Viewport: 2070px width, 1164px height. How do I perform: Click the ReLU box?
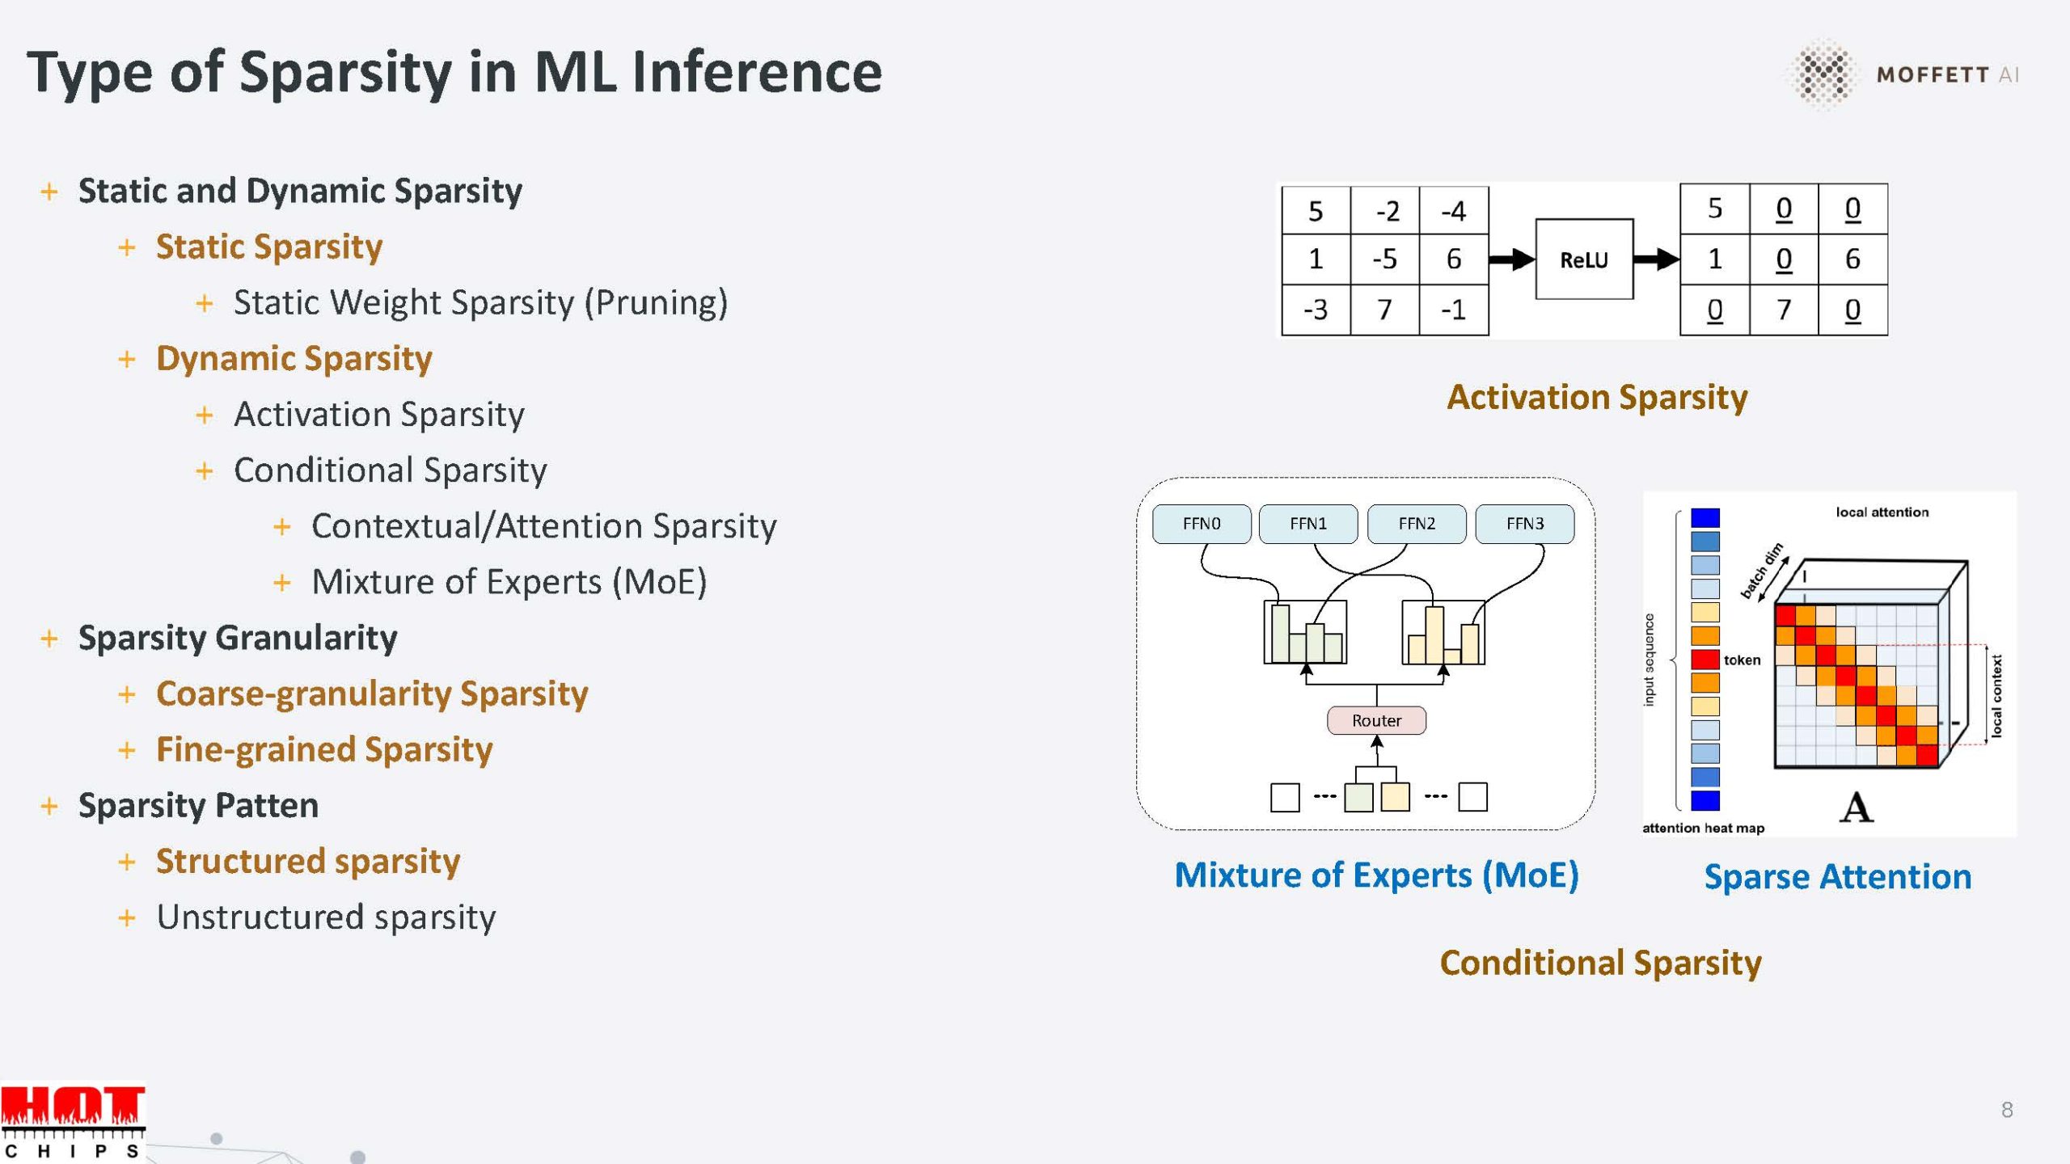click(1583, 259)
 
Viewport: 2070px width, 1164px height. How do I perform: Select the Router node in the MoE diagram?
click(1376, 720)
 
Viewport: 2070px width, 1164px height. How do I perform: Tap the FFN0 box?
click(1201, 524)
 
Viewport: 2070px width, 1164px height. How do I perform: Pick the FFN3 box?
click(1524, 524)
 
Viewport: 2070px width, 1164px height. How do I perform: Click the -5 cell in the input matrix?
click(1384, 259)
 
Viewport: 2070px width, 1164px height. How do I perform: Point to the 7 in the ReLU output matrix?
click(1783, 310)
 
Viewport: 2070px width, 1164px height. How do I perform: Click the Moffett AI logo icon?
click(1822, 74)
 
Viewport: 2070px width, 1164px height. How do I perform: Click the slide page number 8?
click(2007, 1110)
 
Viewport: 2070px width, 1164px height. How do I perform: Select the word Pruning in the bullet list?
click(656, 303)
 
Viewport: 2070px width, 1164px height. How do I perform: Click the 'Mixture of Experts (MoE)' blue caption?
click(1376, 875)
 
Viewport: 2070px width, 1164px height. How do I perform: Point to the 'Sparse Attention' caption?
click(1837, 877)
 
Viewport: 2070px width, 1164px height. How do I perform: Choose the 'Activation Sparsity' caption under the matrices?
click(1597, 398)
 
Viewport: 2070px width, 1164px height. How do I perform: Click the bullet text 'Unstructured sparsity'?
click(326, 917)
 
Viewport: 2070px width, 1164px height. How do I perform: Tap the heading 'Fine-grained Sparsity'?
click(324, 750)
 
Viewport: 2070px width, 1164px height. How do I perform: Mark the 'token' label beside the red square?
click(1742, 660)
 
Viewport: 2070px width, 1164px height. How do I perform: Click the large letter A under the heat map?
click(1856, 808)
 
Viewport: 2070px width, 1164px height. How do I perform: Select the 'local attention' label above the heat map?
click(1882, 512)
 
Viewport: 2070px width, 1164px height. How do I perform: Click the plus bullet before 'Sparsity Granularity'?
click(49, 639)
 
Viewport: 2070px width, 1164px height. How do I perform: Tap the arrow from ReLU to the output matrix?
click(1655, 259)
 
